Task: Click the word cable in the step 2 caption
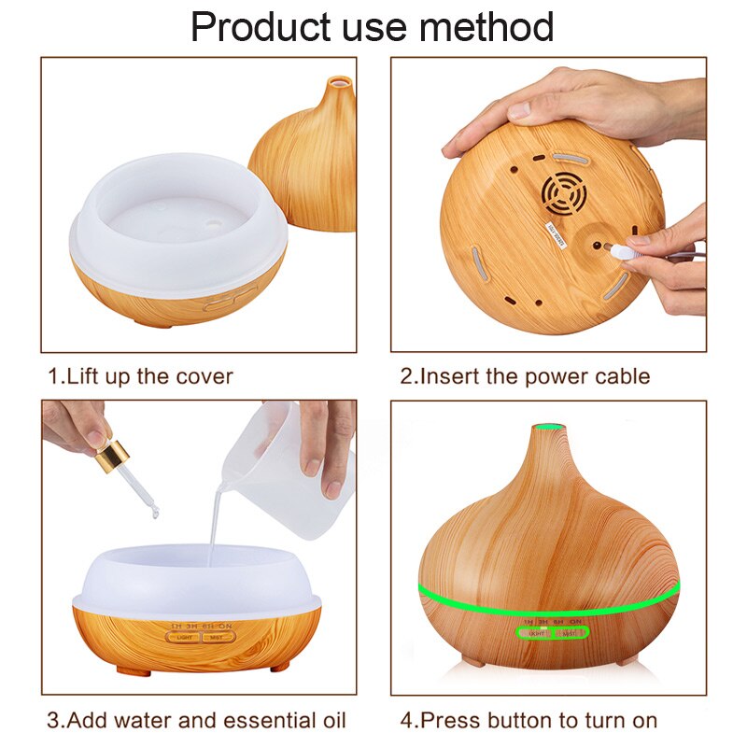coord(620,376)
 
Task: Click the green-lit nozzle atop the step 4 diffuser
coord(545,430)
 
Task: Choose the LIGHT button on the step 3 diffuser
coord(184,638)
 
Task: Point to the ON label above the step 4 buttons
coord(576,621)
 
